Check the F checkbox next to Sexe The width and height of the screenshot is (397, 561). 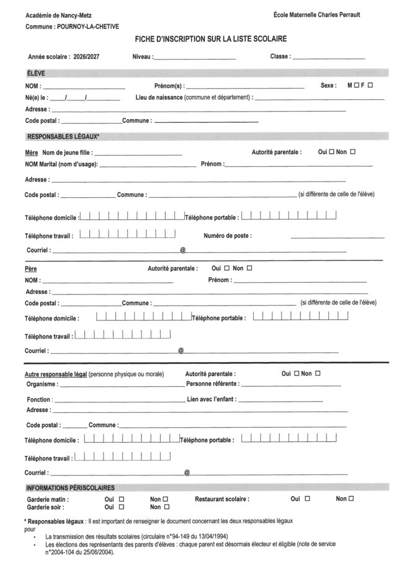pyautogui.click(x=370, y=86)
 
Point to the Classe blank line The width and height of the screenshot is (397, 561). pyautogui.click(x=329, y=58)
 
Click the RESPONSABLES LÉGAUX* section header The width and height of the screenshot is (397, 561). pyautogui.click(x=62, y=136)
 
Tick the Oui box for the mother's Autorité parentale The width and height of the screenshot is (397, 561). pyautogui.click(x=331, y=151)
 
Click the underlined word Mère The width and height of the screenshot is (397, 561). pyautogui.click(x=31, y=152)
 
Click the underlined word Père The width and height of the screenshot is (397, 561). pyautogui.click(x=30, y=270)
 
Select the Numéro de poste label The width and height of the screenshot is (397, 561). pyautogui.click(x=228, y=236)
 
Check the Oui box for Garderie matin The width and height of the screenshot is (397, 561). pyautogui.click(x=122, y=499)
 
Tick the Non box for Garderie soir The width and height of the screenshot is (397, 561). pyautogui.click(x=166, y=507)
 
